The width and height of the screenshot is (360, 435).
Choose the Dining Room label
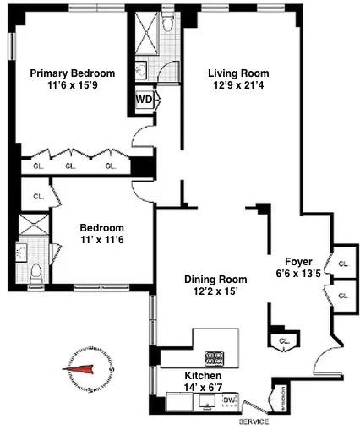(x=215, y=280)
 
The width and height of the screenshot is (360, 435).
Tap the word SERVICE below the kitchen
(x=254, y=421)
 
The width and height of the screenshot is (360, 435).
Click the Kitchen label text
(x=204, y=375)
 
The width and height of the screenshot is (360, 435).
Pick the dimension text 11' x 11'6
(x=101, y=241)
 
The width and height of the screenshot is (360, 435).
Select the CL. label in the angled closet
(x=282, y=340)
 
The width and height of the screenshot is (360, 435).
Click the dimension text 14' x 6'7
(x=204, y=388)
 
